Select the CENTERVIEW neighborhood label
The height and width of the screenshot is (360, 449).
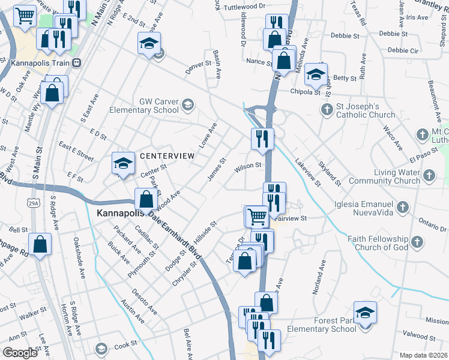[167, 156]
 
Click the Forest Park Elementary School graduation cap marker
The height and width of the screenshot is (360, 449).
[365, 313]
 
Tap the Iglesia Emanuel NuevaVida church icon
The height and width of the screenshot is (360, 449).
[403, 208]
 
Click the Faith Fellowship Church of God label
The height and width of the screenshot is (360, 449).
[378, 243]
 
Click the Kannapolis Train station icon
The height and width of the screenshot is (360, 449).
[77, 62]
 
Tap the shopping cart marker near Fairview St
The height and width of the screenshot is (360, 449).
[257, 216]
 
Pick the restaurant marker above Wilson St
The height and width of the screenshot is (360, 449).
[262, 139]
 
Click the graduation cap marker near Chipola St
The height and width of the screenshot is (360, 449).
[315, 74]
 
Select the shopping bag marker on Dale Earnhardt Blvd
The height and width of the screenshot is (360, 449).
[146, 199]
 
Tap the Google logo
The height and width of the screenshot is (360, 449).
[20, 353]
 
